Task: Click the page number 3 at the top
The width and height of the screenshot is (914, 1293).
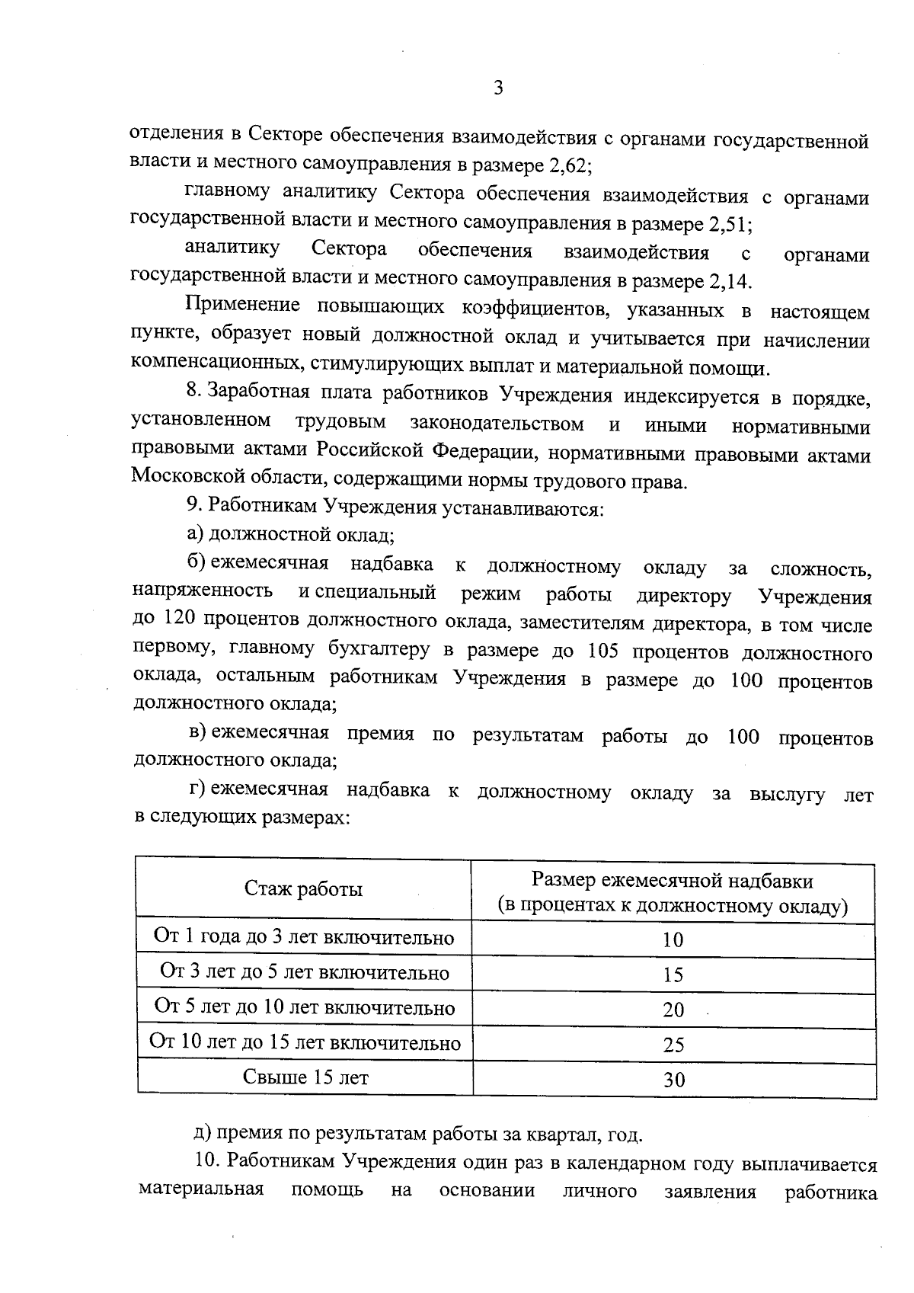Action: pyautogui.click(x=498, y=88)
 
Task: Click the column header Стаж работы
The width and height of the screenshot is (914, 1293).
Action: pyautogui.click(x=303, y=889)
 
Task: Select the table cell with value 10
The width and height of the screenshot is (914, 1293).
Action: pyautogui.click(x=673, y=940)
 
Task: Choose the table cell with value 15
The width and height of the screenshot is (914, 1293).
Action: pyautogui.click(x=673, y=975)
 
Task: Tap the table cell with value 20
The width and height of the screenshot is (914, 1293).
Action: pyautogui.click(x=673, y=1010)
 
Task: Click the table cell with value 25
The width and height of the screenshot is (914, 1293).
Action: pyautogui.click(x=673, y=1045)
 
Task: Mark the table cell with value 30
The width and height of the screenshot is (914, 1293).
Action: pyautogui.click(x=673, y=1080)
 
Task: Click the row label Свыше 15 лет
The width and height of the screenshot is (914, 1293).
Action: pyautogui.click(x=305, y=1077)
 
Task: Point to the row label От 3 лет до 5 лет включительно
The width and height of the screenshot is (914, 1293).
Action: pyautogui.click(x=305, y=972)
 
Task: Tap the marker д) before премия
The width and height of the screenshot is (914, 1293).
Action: pyautogui.click(x=203, y=1136)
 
